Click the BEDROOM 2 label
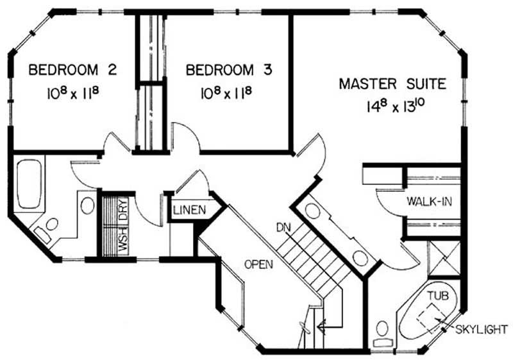[72, 70]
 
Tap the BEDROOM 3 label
[229, 70]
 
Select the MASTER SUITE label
[392, 84]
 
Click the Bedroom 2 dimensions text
[72, 92]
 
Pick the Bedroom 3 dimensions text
[226, 92]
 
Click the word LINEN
[190, 210]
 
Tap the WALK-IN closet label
[429, 201]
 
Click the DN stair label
[283, 227]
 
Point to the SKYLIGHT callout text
[482, 329]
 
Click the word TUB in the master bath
[438, 296]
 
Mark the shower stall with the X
[444, 259]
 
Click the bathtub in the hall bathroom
[29, 184]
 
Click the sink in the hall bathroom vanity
[87, 205]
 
